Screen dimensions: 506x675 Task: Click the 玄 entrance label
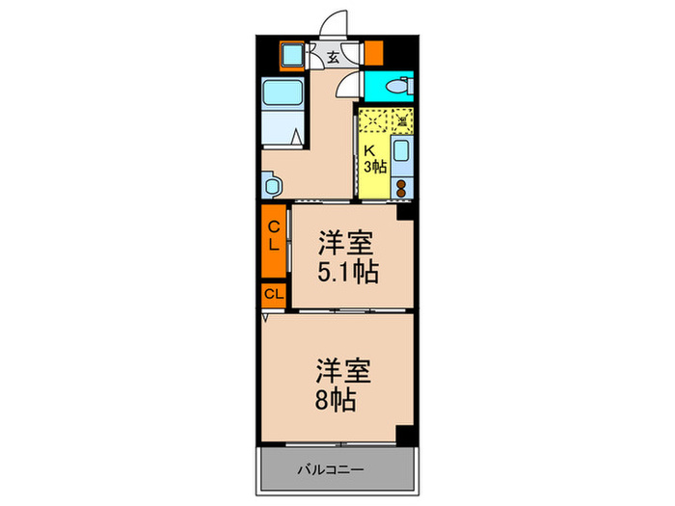(333, 57)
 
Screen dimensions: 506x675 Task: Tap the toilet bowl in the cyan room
(395, 88)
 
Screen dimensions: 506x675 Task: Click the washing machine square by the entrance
(291, 55)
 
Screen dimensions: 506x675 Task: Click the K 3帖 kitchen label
(373, 159)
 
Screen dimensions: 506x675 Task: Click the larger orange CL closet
(274, 236)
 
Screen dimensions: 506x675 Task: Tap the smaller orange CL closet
(273, 294)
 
